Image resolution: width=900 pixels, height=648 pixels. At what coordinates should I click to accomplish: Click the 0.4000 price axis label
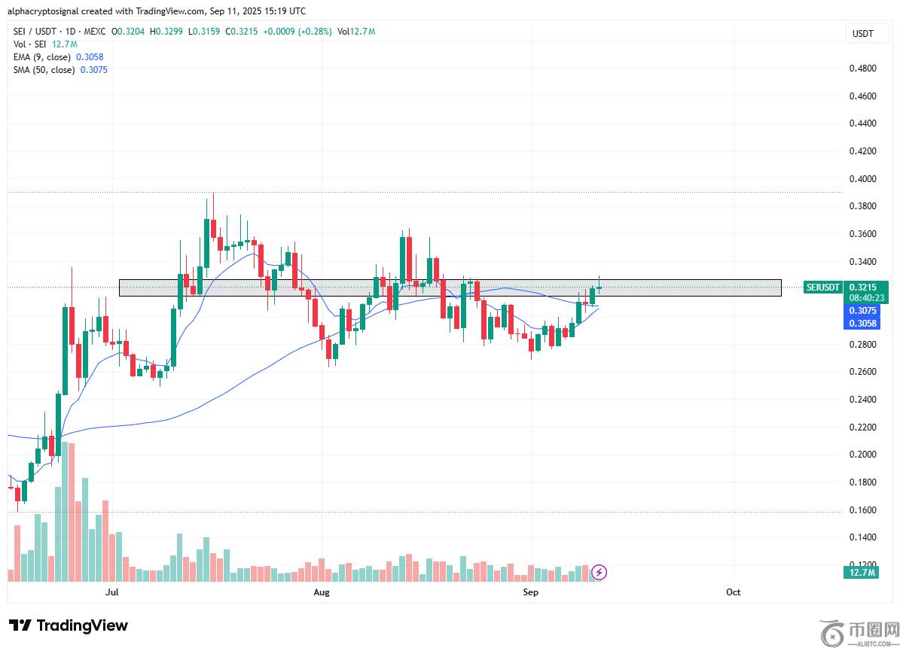(862, 179)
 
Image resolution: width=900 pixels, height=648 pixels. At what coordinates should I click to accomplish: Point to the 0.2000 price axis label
(862, 455)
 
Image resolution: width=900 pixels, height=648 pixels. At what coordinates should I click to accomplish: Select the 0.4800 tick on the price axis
(862, 68)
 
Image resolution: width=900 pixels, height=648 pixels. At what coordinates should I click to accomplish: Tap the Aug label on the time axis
(322, 592)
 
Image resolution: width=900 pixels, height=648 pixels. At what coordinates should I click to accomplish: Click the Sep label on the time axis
(531, 592)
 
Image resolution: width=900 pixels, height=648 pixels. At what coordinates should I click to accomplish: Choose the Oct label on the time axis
(733, 592)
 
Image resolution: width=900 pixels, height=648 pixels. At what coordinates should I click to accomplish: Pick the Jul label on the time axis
(112, 592)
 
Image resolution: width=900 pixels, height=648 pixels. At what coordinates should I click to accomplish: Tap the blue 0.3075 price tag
(862, 310)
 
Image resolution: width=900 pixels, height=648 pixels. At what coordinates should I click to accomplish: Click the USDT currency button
(862, 33)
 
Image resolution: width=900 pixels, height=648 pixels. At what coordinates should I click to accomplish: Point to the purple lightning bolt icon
(599, 573)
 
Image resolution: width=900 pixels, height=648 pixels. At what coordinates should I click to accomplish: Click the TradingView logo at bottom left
(69, 625)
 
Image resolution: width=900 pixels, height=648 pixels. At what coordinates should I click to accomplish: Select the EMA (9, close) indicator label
(43, 57)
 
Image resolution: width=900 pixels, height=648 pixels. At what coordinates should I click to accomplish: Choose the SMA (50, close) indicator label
(44, 70)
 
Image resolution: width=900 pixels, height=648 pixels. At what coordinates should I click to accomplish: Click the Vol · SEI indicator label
(30, 44)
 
